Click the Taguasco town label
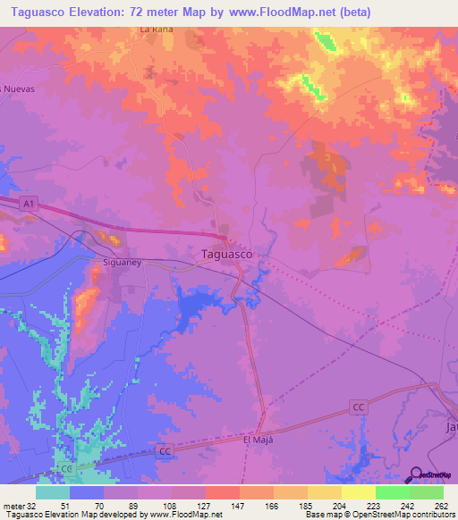click(x=223, y=254)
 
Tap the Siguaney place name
click(x=117, y=264)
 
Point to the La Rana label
click(x=156, y=29)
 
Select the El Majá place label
click(x=257, y=440)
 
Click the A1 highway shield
click(x=28, y=203)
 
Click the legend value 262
click(x=440, y=505)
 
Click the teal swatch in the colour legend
click(x=53, y=492)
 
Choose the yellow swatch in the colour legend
click(x=359, y=492)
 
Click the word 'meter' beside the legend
click(x=12, y=505)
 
